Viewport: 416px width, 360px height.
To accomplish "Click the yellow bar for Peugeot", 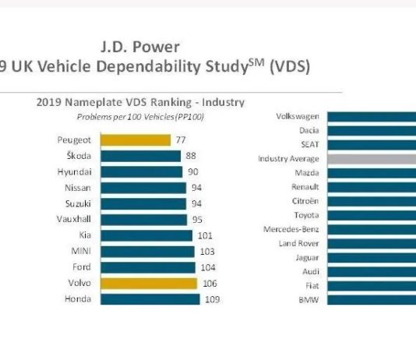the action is (x=136, y=140).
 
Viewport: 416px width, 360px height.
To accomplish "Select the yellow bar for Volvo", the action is (x=149, y=284).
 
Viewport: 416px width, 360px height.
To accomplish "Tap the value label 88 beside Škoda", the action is (x=191, y=156).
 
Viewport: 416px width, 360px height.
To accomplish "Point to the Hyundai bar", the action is (x=142, y=172).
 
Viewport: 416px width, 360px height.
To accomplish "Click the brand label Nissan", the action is (x=78, y=188).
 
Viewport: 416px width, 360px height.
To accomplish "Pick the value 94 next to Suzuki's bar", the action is (x=196, y=203).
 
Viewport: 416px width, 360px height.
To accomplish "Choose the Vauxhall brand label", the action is (x=74, y=219).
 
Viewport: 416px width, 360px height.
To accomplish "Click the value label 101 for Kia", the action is (x=205, y=235).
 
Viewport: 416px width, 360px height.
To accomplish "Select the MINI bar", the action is (x=147, y=252).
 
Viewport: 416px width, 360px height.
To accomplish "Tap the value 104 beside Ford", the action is (x=208, y=267).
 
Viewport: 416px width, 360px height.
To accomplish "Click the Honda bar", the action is (x=150, y=299).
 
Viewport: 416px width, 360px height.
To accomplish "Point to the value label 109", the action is (x=212, y=299).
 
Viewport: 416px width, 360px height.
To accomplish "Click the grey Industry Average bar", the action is (x=372, y=159).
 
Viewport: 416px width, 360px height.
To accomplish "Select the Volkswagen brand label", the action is (x=298, y=116).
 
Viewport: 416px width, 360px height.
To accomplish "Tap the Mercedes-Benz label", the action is (x=291, y=229).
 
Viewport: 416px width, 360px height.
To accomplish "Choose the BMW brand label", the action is (x=308, y=300).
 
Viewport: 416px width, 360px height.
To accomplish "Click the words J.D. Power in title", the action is (x=140, y=47).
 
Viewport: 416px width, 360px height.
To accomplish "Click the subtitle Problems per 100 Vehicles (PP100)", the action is (x=140, y=117).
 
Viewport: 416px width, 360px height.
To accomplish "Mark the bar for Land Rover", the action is (x=372, y=244).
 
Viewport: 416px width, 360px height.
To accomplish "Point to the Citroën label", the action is (x=305, y=201).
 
